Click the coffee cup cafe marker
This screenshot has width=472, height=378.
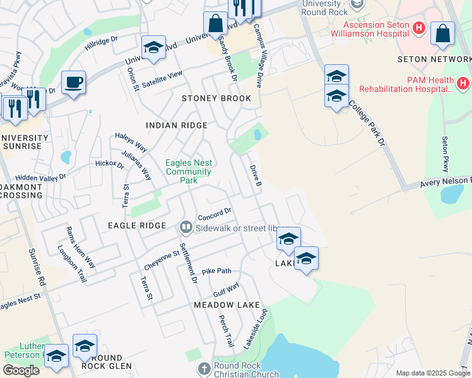coord(74,82)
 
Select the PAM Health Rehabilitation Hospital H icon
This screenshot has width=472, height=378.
coord(463,83)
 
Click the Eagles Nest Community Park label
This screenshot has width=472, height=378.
coord(188,171)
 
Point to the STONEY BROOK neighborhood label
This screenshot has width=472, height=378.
coord(216,98)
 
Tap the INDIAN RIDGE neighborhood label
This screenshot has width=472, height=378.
coord(176,125)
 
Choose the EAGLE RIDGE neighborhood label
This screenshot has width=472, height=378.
coord(137,225)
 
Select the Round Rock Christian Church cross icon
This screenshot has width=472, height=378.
coord(203,368)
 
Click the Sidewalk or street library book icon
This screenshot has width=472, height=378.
coord(186,226)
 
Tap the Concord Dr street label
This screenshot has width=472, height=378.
coord(215,214)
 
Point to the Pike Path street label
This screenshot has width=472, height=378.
coord(216,271)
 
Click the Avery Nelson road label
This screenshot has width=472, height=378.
coord(445,183)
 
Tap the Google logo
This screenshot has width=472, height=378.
coord(21,370)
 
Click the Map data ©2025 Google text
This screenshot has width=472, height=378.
coord(432,373)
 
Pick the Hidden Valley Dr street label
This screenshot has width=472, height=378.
coord(40,178)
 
